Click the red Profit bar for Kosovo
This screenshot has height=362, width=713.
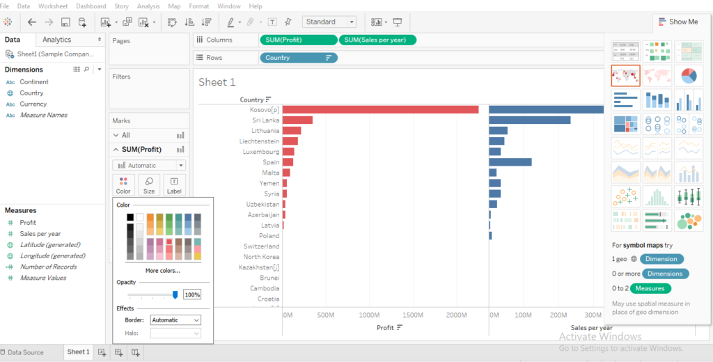(x=380, y=109)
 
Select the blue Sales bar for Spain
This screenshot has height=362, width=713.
(x=510, y=162)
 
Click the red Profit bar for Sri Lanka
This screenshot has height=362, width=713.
(x=297, y=120)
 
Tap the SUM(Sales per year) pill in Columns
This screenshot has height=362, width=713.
(x=378, y=40)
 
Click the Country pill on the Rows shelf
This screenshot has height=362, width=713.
(x=298, y=58)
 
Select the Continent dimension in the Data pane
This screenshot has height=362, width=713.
(x=34, y=82)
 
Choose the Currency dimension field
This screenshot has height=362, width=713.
(x=33, y=104)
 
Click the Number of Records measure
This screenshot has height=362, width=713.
(x=48, y=267)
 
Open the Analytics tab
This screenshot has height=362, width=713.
(x=56, y=40)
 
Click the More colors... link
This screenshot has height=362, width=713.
(x=162, y=270)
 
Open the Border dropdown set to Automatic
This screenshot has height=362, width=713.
(x=175, y=320)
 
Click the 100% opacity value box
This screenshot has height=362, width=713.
(x=192, y=294)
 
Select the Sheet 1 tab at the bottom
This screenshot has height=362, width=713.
(x=78, y=352)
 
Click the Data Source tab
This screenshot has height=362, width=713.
(x=25, y=352)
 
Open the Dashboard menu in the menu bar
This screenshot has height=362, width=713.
(x=91, y=6)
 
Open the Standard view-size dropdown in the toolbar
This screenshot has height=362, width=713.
(x=331, y=22)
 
